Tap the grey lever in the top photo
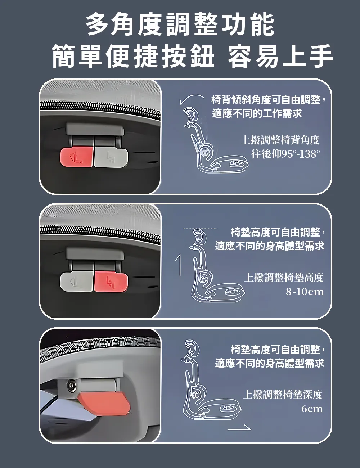[x=111, y=157]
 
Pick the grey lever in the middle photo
[x=77, y=282]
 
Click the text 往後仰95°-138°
[x=285, y=154]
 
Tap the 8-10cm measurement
[x=305, y=292]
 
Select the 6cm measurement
[x=312, y=409]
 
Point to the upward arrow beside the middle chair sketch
[x=178, y=265]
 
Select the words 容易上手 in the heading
[x=280, y=56]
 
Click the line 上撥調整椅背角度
[x=280, y=140]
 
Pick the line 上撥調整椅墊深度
[x=283, y=394]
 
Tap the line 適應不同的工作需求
[x=257, y=113]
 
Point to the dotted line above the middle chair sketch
[x=201, y=229]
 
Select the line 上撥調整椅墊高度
[x=284, y=278]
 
